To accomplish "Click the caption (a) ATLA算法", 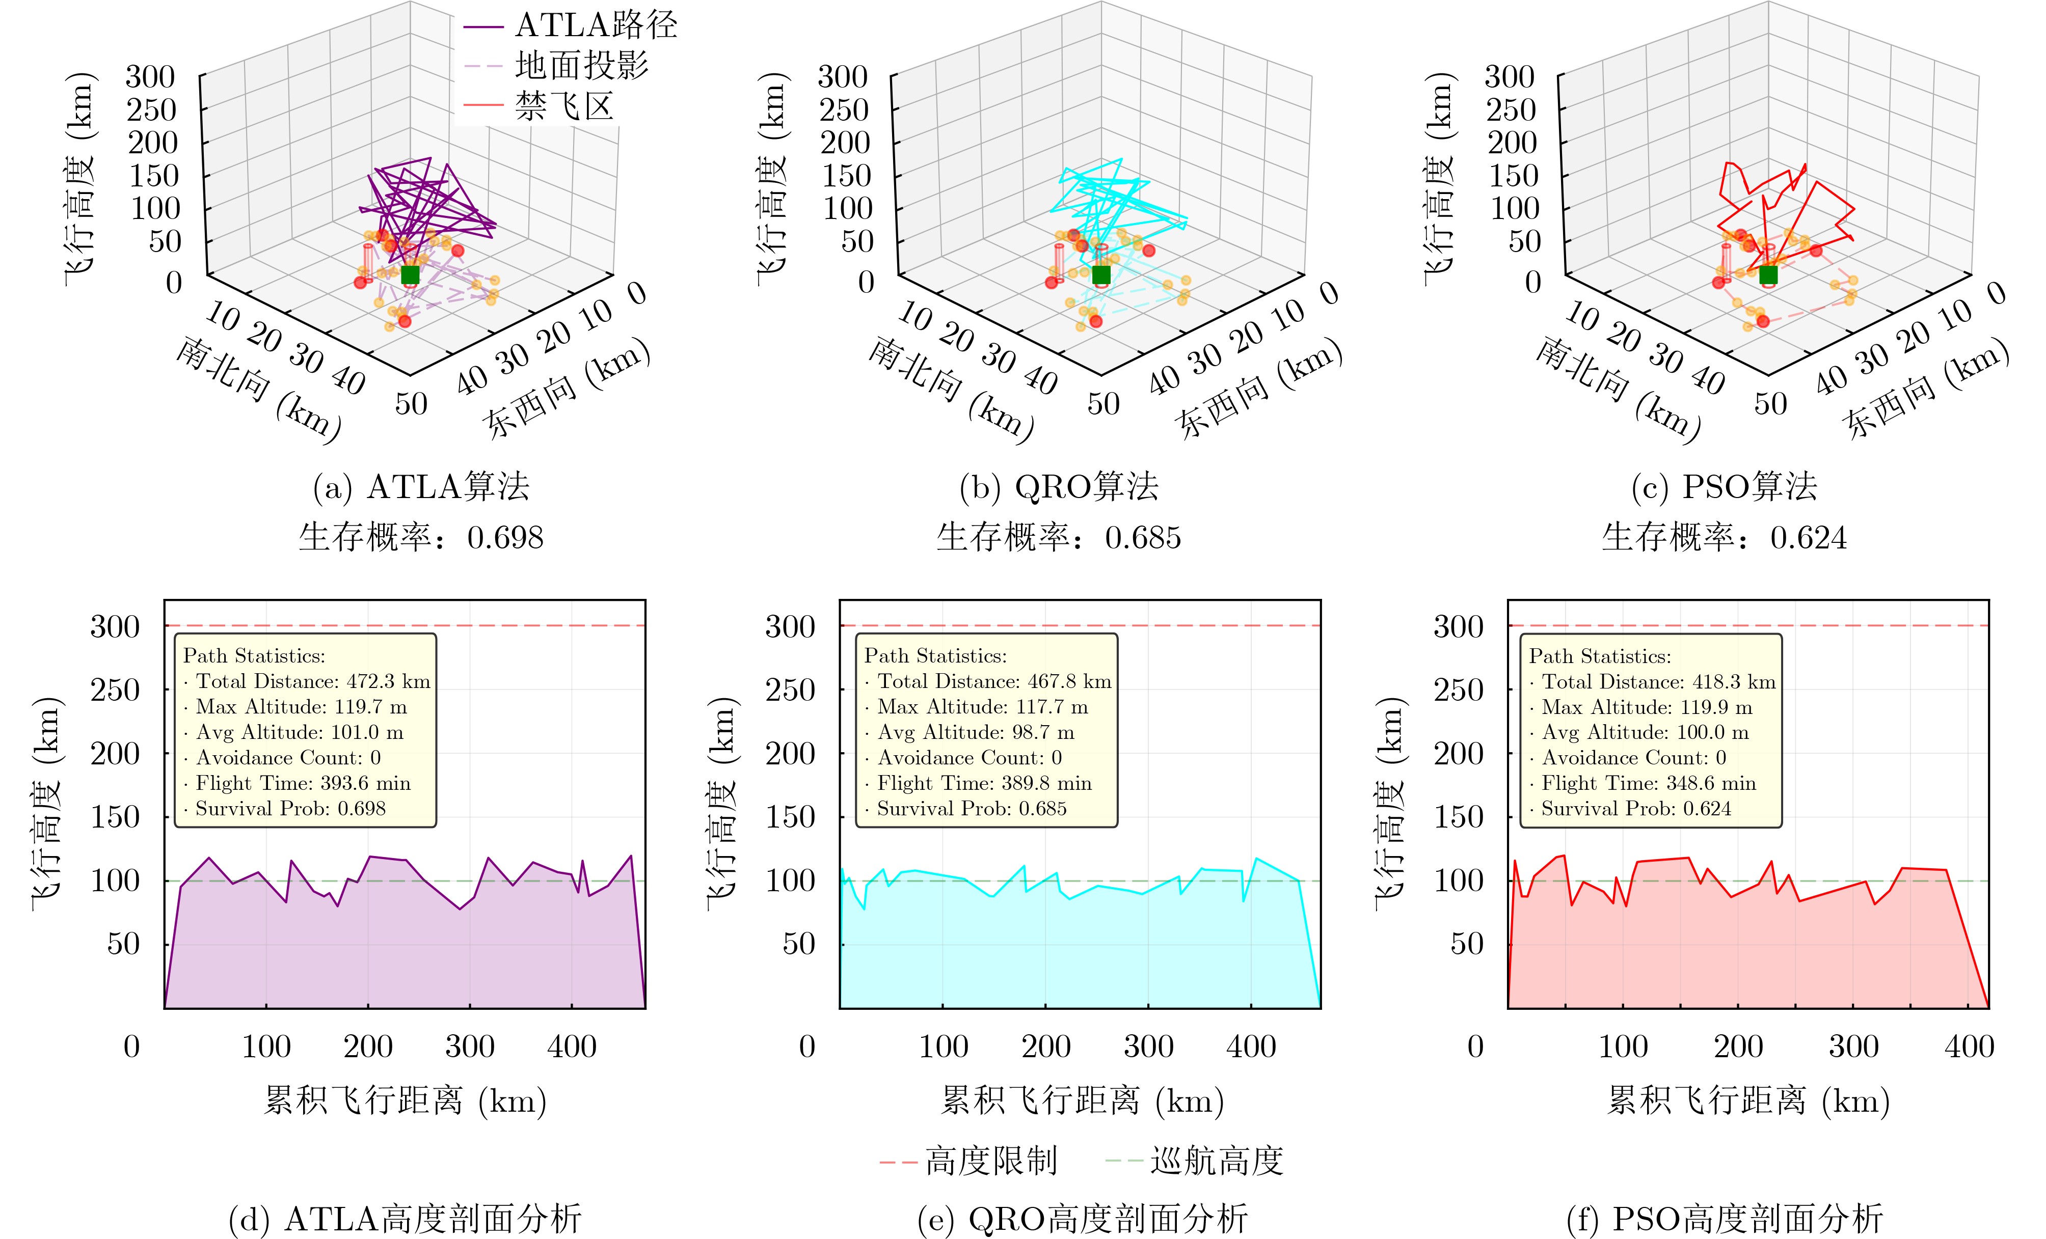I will tap(421, 487).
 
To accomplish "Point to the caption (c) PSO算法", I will tap(1724, 487).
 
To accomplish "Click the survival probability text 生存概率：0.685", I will tap(1059, 538).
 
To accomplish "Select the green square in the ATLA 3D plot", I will tap(410, 274).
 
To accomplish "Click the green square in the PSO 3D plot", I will tap(1768, 274).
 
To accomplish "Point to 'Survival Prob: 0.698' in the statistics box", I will tap(290, 809).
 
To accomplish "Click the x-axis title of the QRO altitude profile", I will tap(1082, 1101).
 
